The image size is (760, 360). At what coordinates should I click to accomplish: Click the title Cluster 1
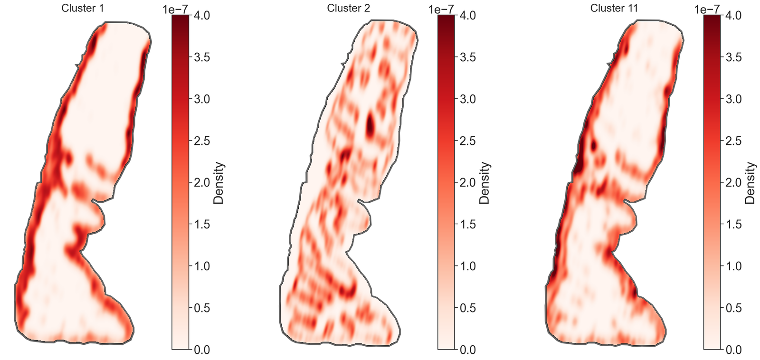[82, 8]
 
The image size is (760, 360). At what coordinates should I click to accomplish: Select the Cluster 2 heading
[348, 8]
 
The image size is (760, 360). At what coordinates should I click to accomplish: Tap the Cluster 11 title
[614, 8]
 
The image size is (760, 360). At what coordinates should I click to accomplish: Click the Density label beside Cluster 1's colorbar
[218, 183]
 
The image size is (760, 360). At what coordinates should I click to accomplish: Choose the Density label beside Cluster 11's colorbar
[750, 183]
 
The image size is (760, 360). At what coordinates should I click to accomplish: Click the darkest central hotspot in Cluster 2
[370, 124]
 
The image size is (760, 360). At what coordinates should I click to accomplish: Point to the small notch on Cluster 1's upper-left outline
[77, 65]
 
